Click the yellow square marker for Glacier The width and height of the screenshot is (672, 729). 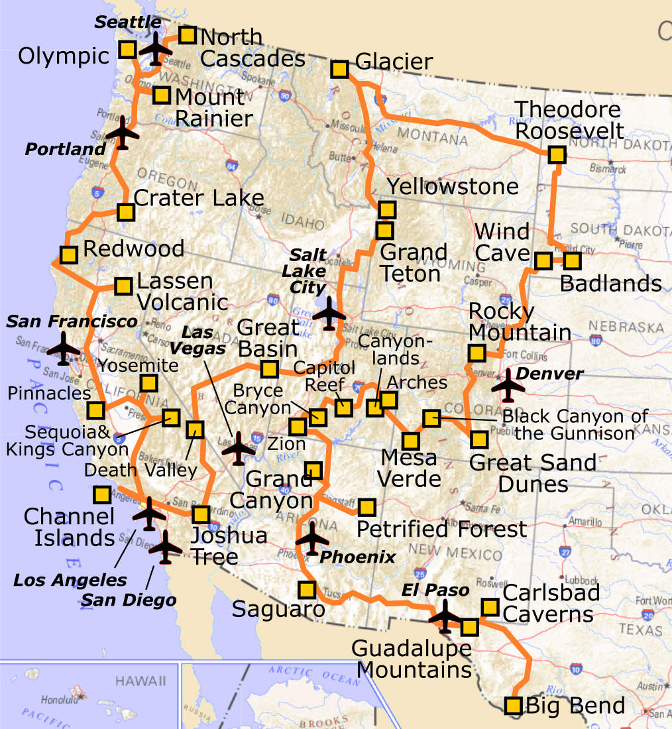point(339,70)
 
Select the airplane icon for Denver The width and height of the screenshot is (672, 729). point(508,386)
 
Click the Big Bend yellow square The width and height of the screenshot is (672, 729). point(513,705)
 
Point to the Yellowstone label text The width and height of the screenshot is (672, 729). point(453,186)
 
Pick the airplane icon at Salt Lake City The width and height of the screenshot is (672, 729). point(329,313)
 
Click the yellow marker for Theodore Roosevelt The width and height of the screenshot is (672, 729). point(557,155)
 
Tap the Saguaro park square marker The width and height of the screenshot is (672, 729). point(307,589)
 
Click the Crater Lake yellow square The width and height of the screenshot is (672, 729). point(125,212)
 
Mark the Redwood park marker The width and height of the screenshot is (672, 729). point(68,254)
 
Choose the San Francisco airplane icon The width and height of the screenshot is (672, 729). point(64,348)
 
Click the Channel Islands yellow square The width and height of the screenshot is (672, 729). point(101,494)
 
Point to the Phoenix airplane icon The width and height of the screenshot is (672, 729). point(312,538)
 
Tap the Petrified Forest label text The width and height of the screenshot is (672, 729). point(441,530)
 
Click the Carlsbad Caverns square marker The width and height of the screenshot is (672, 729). point(490,606)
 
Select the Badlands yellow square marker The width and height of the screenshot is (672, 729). point(572,260)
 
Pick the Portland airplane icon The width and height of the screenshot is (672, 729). point(122,133)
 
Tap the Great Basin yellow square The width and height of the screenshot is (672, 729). point(269,369)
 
